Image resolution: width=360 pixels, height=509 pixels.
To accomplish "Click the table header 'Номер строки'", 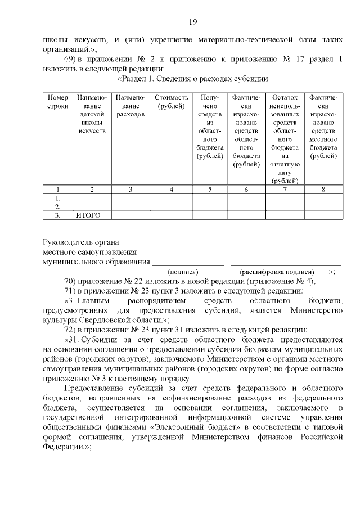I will coord(57,102).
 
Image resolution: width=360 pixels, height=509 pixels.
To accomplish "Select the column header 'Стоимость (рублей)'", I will coord(170,102).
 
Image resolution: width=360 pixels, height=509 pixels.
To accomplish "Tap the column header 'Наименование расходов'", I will coord(130,106).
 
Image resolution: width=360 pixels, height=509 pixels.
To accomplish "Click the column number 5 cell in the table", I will coord(209,190).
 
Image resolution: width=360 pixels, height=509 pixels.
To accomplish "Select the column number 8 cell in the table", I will coord(323,190).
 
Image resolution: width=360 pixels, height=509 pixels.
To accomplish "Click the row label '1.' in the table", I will coord(57,198).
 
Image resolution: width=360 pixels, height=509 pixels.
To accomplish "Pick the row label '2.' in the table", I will coord(57,206).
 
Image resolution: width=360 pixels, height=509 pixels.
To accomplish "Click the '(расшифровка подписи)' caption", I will coord(277,271).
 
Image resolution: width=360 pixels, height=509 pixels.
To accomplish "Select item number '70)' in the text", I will coord(71,281).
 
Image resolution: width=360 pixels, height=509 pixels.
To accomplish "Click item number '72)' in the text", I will coord(71,329).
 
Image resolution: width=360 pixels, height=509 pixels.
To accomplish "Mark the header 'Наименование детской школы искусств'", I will coord(92,114).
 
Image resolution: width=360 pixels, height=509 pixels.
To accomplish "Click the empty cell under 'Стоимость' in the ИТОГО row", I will coord(170,215).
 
